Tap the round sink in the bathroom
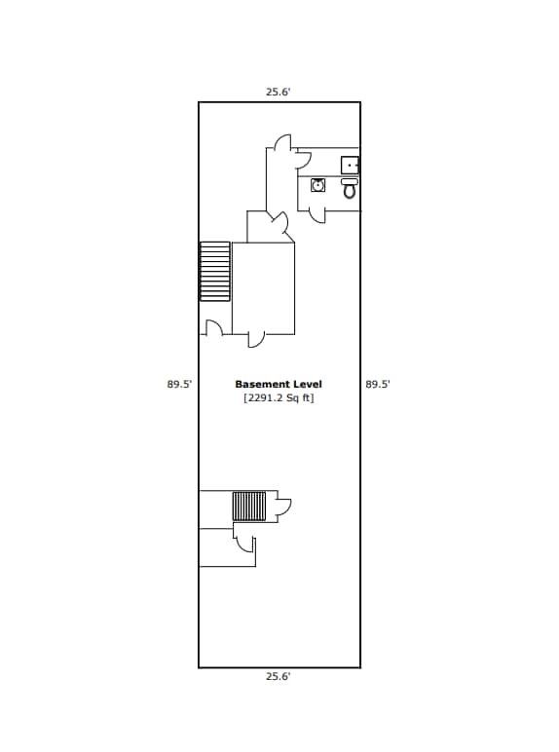coord(317,185)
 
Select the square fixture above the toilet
coord(350,165)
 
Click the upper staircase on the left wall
coord(215,271)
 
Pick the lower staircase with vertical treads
coord(248,507)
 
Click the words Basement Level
coord(279,385)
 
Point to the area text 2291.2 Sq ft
coord(279,398)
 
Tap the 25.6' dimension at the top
coord(279,93)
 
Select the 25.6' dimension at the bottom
coord(279,676)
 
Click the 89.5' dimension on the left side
coord(179,385)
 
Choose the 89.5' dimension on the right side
coord(378,385)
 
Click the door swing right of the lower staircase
coord(283,506)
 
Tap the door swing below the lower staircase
coord(241,541)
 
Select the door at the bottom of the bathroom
coord(317,216)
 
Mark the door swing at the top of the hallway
coord(280,143)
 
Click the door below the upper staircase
coord(215,327)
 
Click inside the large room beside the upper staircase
coord(263,287)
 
